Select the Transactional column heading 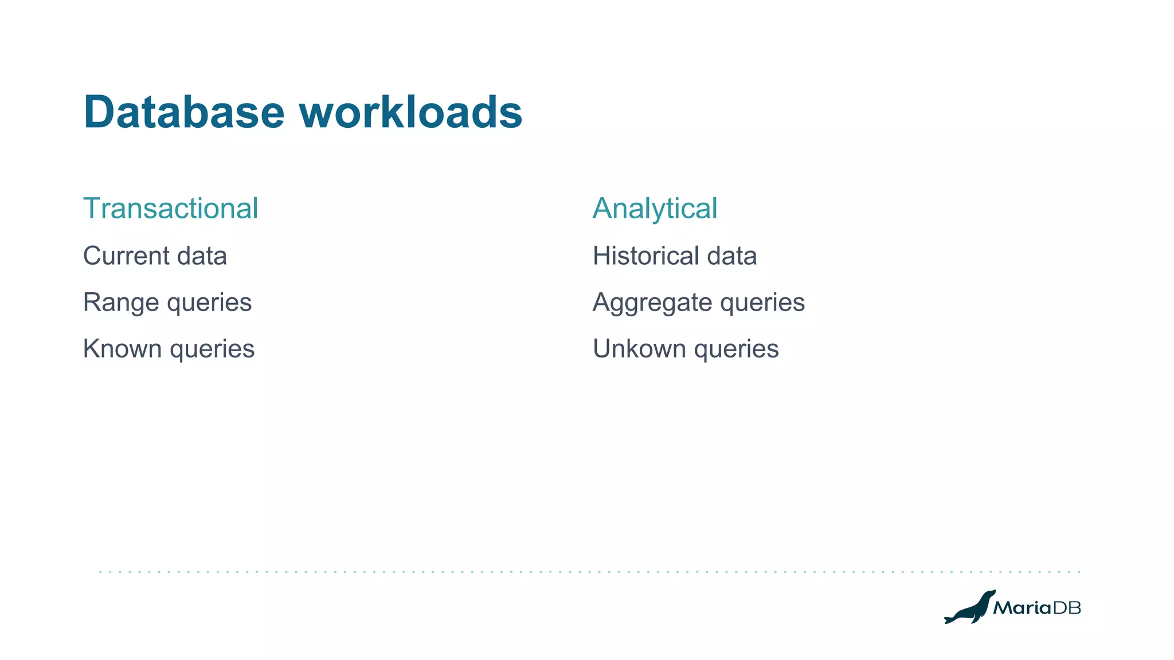170,208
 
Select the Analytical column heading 655,208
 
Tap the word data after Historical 731,256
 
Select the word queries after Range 209,302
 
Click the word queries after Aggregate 762,302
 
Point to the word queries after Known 212,349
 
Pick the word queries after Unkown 737,349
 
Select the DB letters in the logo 1067,608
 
